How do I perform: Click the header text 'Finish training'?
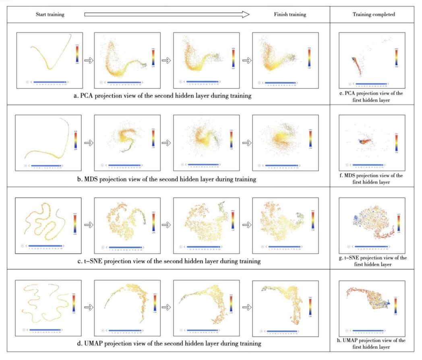(288, 14)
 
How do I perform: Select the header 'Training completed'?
(373, 14)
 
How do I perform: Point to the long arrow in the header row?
(167, 14)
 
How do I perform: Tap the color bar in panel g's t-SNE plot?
(398, 223)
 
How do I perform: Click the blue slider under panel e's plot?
(370, 84)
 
